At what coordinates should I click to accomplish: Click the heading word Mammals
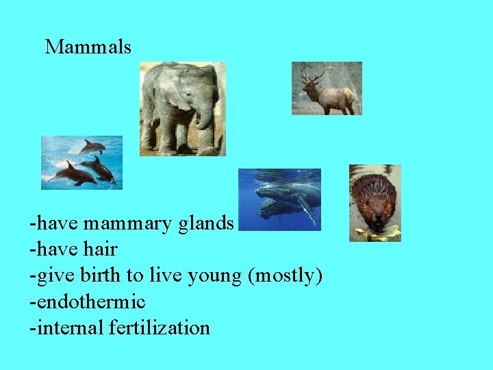[x=88, y=47]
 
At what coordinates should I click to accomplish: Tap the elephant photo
[x=182, y=108]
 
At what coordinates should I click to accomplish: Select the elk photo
[x=327, y=88]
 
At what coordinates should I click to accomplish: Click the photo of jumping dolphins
[x=81, y=162]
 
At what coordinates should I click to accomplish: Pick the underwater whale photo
[x=279, y=199]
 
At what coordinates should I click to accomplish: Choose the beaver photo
[x=375, y=203]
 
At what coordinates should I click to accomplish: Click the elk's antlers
[x=316, y=73]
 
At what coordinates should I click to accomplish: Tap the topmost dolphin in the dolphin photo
[x=92, y=147]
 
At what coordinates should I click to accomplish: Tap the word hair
[x=100, y=250]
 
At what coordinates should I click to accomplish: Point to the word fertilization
[x=160, y=328]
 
